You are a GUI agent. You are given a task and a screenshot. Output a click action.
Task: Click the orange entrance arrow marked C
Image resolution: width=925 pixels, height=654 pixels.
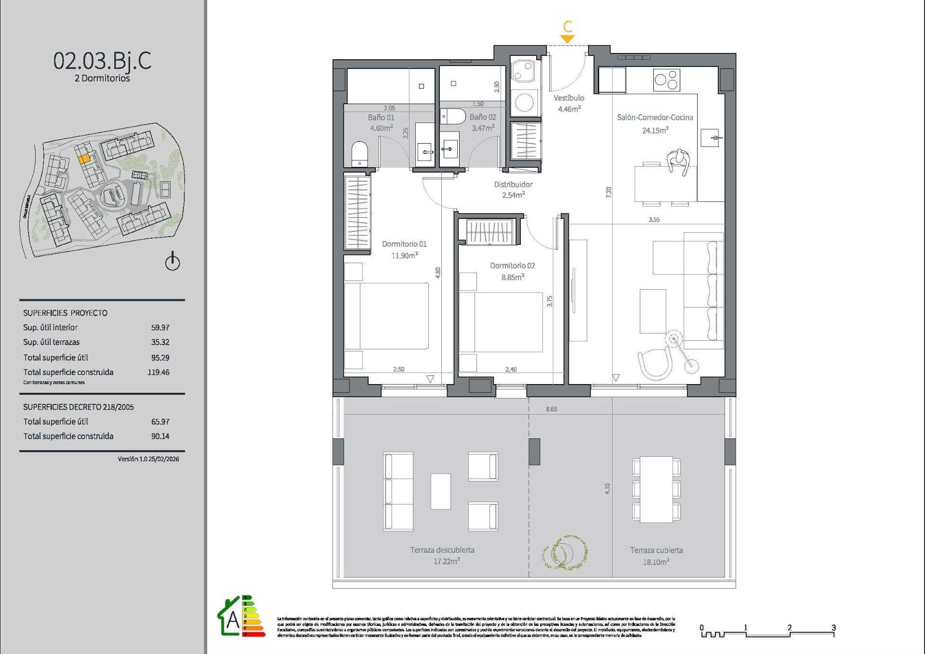(568, 39)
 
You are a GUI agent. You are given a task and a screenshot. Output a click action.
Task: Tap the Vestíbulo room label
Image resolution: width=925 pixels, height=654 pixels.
(568, 98)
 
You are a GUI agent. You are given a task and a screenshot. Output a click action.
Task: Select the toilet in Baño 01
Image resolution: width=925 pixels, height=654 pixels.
(359, 154)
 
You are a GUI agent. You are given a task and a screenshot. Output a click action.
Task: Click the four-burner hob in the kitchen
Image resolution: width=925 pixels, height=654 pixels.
(666, 80)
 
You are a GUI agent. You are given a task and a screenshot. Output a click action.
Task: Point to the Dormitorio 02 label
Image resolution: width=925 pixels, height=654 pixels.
(512, 266)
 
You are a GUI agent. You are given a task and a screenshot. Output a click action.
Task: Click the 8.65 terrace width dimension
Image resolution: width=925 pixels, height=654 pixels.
(551, 409)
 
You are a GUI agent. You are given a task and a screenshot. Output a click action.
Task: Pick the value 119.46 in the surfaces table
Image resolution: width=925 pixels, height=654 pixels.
(158, 372)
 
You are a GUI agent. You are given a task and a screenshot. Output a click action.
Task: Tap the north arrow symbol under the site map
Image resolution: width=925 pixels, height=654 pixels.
(172, 261)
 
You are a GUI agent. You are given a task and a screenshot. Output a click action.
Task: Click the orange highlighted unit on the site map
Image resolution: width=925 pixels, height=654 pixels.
(84, 158)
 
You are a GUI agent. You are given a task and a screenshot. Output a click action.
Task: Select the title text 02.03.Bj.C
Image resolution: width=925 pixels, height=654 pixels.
(102, 61)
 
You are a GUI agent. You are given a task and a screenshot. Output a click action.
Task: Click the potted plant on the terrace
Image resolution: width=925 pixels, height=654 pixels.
(564, 552)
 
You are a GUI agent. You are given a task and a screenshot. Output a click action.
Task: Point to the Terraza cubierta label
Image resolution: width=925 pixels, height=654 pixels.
(656, 550)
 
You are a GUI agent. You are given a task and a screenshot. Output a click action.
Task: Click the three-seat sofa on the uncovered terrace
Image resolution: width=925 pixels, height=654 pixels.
(398, 491)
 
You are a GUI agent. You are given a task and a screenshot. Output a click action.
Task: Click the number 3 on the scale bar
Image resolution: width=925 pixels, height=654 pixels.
(833, 627)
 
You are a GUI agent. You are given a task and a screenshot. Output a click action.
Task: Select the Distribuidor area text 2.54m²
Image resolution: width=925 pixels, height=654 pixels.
(513, 195)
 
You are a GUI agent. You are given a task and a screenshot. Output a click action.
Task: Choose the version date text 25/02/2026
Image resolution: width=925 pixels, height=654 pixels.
(164, 459)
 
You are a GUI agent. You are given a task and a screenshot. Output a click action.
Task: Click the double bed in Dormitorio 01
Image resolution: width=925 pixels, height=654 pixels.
(386, 316)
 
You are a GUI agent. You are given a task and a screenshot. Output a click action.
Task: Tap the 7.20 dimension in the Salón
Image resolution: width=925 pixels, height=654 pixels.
(608, 192)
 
